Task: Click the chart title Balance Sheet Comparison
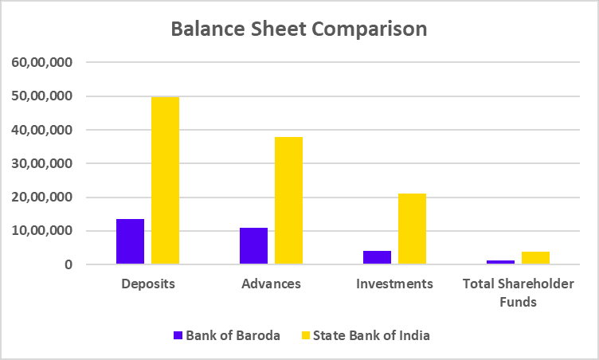[299, 29]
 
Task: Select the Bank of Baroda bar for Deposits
[130, 241]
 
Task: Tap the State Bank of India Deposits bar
[165, 180]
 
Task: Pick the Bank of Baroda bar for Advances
[253, 246]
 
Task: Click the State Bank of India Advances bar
[288, 201]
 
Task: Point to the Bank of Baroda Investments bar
[377, 257]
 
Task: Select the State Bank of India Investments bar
[412, 229]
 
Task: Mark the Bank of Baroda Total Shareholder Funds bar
[500, 261]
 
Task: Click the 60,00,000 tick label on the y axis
[41, 62]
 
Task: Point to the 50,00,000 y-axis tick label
[41, 96]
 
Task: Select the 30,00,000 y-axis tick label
[41, 163]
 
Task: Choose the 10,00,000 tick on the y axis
[41, 231]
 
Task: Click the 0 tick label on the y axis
[69, 264]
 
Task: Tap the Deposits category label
[147, 284]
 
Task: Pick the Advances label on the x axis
[271, 284]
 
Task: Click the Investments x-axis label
[394, 284]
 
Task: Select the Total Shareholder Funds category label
[518, 292]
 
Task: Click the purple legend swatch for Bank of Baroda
[178, 335]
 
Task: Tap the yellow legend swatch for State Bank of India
[307, 335]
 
